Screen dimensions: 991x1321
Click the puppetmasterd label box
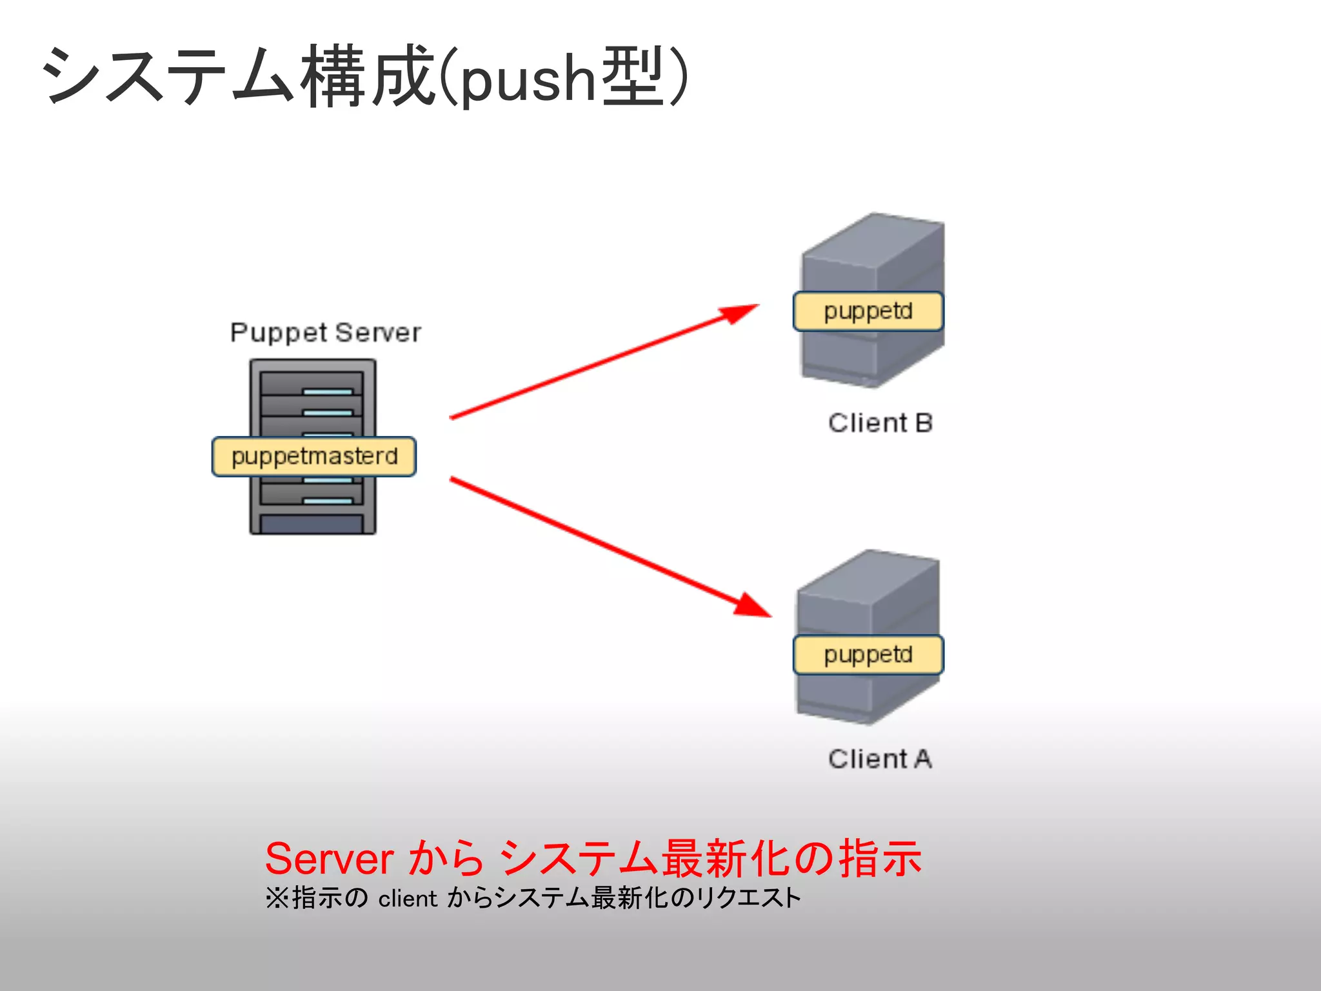[x=314, y=457]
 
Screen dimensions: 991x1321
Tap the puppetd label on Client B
[x=868, y=312]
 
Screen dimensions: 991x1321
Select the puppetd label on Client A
[x=868, y=655]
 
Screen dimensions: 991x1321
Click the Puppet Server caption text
[x=325, y=333]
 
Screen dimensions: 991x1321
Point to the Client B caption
[x=880, y=423]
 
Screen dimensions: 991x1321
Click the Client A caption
[x=880, y=759]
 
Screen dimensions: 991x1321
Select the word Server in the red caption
[x=329, y=859]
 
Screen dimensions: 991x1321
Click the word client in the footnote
[x=408, y=899]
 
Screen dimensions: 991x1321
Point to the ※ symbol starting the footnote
[x=277, y=898]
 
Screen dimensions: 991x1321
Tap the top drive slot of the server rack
[x=312, y=383]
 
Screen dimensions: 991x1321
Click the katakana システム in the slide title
[x=168, y=76]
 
